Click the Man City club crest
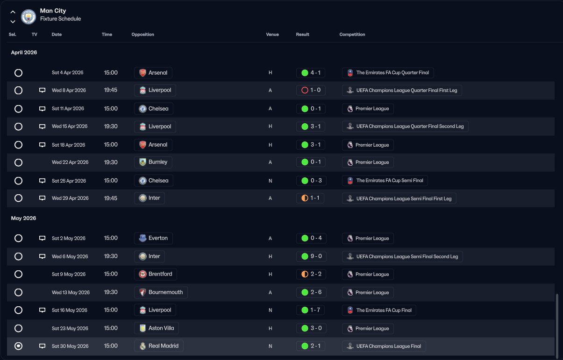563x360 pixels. tap(29, 17)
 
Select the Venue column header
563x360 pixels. tap(272, 35)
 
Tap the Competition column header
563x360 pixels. tap(352, 35)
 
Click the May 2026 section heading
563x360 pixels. tap(23, 218)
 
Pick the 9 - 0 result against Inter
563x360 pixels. tap(311, 256)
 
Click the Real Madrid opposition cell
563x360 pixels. tap(158, 346)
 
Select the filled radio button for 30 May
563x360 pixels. tap(18, 346)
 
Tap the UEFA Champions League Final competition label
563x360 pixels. tap(384, 346)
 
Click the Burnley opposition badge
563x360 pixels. tap(143, 162)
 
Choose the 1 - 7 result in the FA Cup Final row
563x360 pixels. tap(310, 310)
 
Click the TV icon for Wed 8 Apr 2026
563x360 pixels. tap(42, 90)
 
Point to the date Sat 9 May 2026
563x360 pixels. tap(69, 274)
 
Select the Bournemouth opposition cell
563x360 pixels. tap(161, 292)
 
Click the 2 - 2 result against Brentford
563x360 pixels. tap(311, 274)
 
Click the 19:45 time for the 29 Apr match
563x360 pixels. tap(111, 198)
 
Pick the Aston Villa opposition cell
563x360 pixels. tap(157, 328)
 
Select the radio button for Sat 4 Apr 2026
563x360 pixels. tap(18, 73)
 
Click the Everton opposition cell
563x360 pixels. tap(153, 238)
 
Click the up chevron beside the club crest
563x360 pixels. tap(13, 12)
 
